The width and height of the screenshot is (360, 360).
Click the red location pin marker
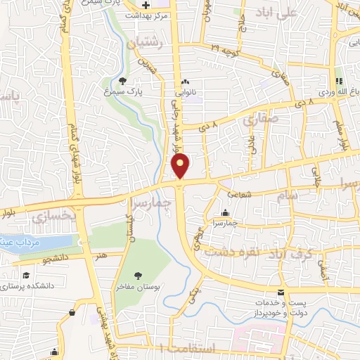coord(181,165)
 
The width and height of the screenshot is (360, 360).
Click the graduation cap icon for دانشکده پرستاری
coord(25,275)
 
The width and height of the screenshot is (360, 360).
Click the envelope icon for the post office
coord(281,292)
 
